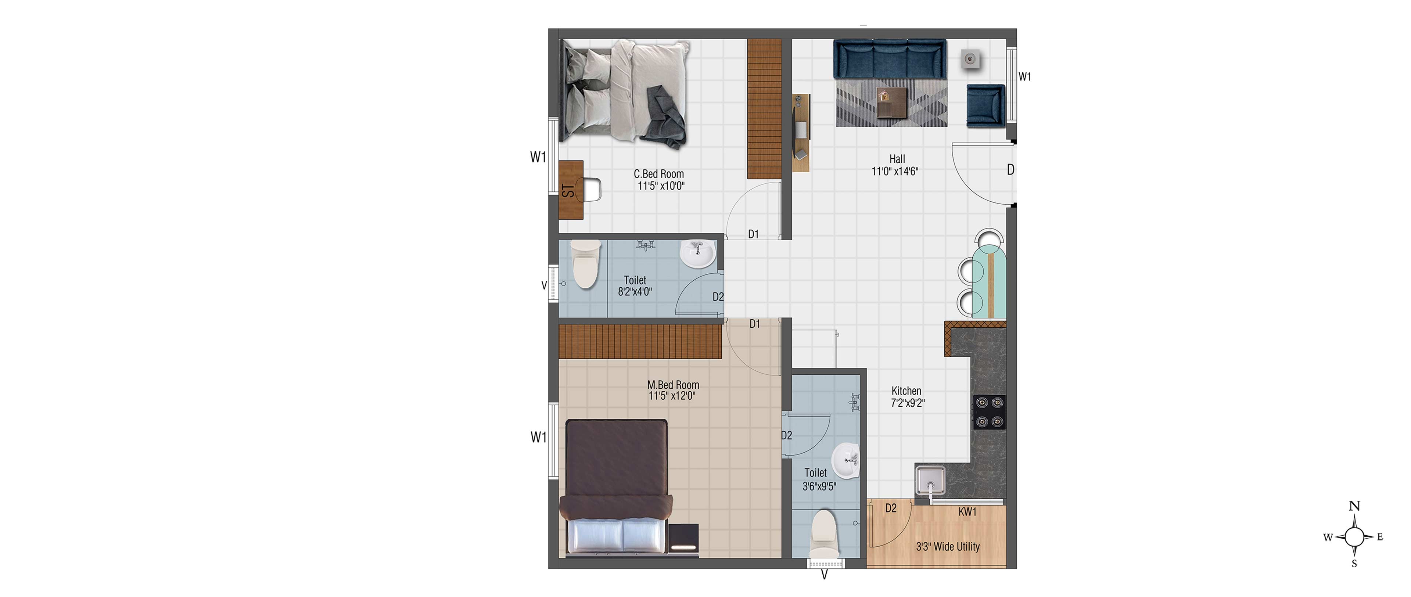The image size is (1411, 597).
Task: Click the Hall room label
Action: (x=897, y=159)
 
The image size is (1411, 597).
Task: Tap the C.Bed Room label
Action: (x=659, y=174)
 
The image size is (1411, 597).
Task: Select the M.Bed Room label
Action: (x=673, y=385)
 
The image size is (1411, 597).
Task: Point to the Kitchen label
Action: (x=906, y=391)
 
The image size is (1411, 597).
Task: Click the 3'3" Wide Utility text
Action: (x=948, y=547)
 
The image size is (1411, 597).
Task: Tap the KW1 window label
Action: (x=967, y=511)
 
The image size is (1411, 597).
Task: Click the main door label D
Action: (x=1010, y=170)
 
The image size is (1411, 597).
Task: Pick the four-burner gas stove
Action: (x=989, y=412)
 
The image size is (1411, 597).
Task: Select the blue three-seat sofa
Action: (x=890, y=59)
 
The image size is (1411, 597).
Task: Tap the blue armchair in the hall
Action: (x=985, y=106)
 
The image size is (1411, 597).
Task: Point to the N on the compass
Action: (x=1354, y=506)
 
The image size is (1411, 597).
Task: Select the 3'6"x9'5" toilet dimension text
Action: (x=819, y=486)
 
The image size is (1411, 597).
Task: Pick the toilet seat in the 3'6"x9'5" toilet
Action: (x=824, y=535)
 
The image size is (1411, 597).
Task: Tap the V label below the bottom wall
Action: (x=824, y=575)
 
